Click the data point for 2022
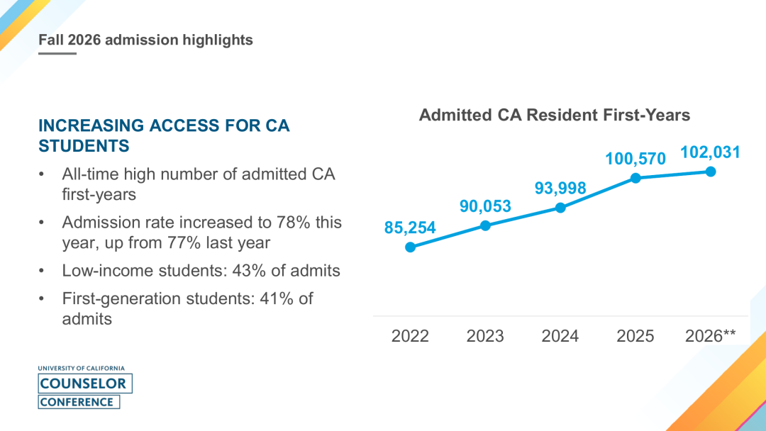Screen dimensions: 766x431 pyautogui.click(x=411, y=247)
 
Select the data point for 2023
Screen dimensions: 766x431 pyautogui.click(x=485, y=225)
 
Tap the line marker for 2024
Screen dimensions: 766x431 pyautogui.click(x=560, y=208)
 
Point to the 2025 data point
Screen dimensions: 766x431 pyautogui.click(x=635, y=178)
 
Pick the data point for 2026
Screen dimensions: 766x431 pyautogui.click(x=711, y=172)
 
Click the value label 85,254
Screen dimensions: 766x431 pyautogui.click(x=410, y=228)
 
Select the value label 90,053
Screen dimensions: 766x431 pyautogui.click(x=485, y=206)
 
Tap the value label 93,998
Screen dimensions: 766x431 pyautogui.click(x=560, y=189)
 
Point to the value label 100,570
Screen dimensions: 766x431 pyautogui.click(x=635, y=159)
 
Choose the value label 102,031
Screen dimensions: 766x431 pyautogui.click(x=710, y=152)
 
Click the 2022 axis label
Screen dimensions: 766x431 pyautogui.click(x=410, y=336)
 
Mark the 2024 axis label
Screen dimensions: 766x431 pyautogui.click(x=560, y=336)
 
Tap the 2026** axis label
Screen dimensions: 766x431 pyautogui.click(x=710, y=335)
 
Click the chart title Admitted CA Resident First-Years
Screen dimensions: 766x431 pyautogui.click(x=555, y=116)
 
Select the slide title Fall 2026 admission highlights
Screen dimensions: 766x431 pyautogui.click(x=145, y=40)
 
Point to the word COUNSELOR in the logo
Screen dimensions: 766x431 pyautogui.click(x=83, y=384)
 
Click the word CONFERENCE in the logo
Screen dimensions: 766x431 pyautogui.click(x=77, y=402)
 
